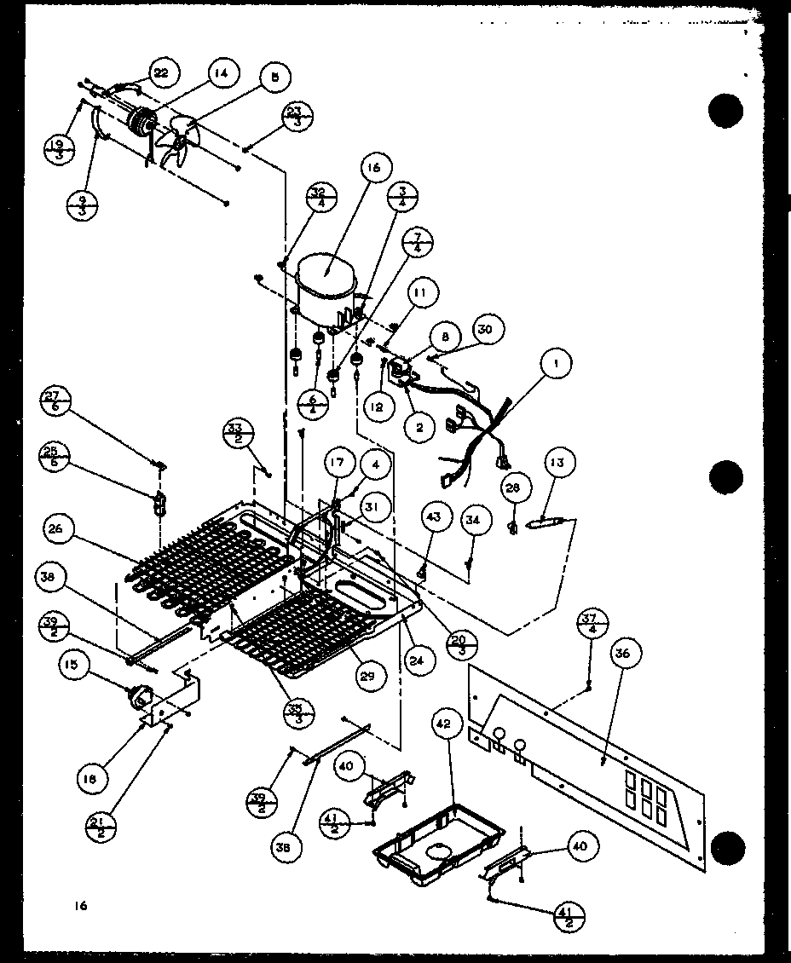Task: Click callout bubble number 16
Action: tap(373, 169)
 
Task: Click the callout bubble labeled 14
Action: tap(221, 74)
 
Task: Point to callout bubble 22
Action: tap(160, 73)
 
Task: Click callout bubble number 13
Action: tap(557, 464)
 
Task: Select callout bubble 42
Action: tap(441, 725)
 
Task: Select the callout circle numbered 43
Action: tap(434, 519)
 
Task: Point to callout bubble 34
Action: tap(473, 519)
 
